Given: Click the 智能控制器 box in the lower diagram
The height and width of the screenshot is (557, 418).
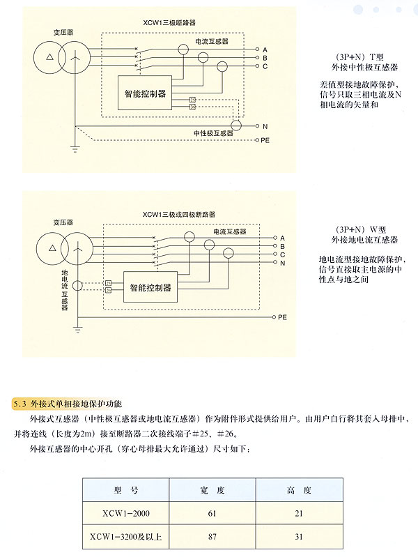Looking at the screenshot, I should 150,287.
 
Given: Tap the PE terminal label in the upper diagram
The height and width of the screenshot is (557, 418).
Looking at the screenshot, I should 265,141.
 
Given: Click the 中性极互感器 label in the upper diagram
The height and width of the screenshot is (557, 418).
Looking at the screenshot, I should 213,132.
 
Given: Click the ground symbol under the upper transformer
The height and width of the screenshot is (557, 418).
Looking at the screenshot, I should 74,149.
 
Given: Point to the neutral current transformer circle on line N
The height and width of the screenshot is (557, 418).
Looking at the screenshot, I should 237,125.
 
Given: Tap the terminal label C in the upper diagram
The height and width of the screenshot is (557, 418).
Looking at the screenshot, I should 265,66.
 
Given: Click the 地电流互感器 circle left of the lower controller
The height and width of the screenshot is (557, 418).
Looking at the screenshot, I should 77,286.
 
